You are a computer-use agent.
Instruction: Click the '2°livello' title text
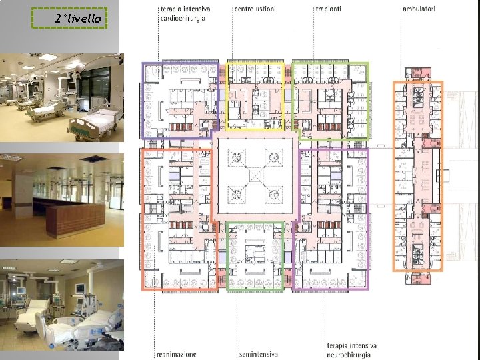[x=78, y=19]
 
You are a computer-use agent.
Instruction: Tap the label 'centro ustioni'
[x=255, y=9]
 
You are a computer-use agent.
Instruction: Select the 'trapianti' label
[x=329, y=9]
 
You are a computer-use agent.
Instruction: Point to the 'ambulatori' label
[x=419, y=9]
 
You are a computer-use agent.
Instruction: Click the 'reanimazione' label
[x=176, y=354]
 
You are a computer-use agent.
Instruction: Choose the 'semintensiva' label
[x=259, y=354]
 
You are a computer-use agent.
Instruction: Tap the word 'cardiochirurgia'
[x=183, y=19]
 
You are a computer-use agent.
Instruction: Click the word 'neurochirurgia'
[x=349, y=355]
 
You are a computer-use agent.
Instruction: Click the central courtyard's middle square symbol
[x=255, y=176]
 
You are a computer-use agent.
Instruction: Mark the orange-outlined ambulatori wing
[x=394, y=176]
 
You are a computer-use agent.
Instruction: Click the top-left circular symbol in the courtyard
[x=237, y=157]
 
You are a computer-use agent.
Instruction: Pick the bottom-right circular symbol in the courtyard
[x=274, y=195]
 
